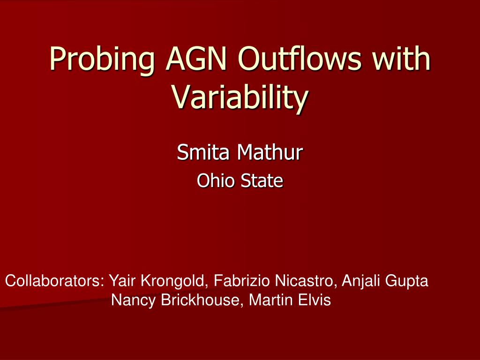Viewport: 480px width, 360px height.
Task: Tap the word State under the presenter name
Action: click(x=262, y=180)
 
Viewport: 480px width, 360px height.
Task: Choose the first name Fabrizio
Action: click(x=242, y=280)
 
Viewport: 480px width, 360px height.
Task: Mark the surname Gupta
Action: click(x=407, y=281)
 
